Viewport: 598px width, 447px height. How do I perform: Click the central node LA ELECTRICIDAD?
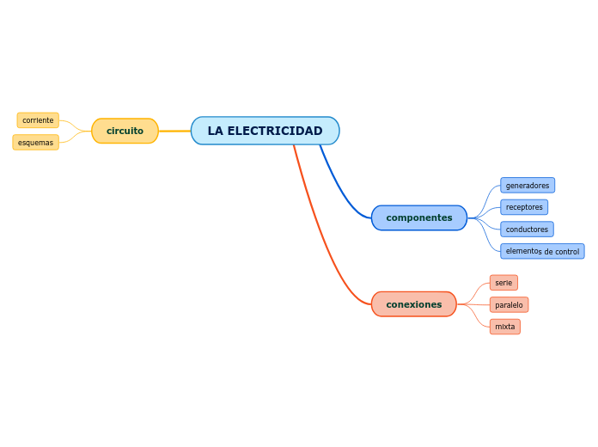click(x=265, y=131)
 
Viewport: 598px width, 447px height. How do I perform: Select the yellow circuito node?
click(x=125, y=131)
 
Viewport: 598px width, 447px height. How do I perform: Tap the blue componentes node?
click(x=418, y=217)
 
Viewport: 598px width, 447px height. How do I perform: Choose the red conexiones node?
click(x=413, y=304)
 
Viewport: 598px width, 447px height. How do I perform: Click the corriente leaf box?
click(x=38, y=120)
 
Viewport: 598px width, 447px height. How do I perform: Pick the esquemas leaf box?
click(x=35, y=143)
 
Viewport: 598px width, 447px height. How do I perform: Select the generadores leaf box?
click(x=527, y=186)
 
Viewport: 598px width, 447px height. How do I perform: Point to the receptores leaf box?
click(x=523, y=207)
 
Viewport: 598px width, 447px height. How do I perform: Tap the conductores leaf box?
click(x=526, y=230)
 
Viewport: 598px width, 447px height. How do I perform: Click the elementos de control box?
click(x=541, y=251)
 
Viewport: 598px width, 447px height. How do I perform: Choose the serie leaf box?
click(x=503, y=283)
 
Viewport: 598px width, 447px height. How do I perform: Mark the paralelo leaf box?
click(x=509, y=305)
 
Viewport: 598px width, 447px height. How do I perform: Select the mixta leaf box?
click(x=504, y=327)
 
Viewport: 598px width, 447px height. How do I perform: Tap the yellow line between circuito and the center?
click(x=174, y=131)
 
